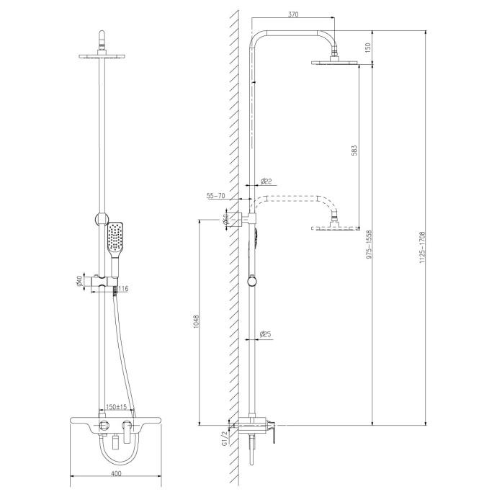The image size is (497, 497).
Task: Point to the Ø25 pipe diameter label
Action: click(x=265, y=334)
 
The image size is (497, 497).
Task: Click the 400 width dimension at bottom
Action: click(x=116, y=473)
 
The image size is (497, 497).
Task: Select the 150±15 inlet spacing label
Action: click(x=117, y=407)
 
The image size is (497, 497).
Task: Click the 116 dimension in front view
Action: click(x=123, y=289)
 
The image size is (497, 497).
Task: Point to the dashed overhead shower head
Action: click(x=335, y=228)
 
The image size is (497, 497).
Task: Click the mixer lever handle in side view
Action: click(x=274, y=431)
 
